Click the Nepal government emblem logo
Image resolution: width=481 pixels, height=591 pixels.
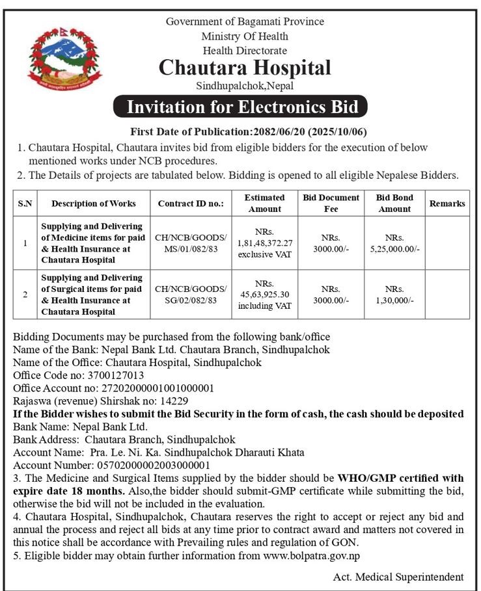[x=56, y=59]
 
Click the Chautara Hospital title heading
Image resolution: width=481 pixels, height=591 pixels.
[x=245, y=68]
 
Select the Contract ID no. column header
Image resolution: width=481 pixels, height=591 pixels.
[x=191, y=204]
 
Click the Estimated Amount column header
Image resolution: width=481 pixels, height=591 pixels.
[x=265, y=203]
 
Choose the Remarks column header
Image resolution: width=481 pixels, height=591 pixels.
[x=447, y=204]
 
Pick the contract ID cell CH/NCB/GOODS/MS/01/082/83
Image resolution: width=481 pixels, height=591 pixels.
[x=191, y=243]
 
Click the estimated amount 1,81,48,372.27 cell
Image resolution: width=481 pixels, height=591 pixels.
[x=265, y=243]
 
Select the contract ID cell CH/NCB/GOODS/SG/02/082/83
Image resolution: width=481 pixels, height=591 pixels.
[x=191, y=295]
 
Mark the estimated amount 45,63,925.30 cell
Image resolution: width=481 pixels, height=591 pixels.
[x=265, y=295]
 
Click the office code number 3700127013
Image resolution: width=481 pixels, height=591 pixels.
[x=110, y=375]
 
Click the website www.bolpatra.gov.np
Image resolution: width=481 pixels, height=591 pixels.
[x=311, y=556]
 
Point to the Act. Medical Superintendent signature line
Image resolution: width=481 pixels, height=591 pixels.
[x=398, y=577]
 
